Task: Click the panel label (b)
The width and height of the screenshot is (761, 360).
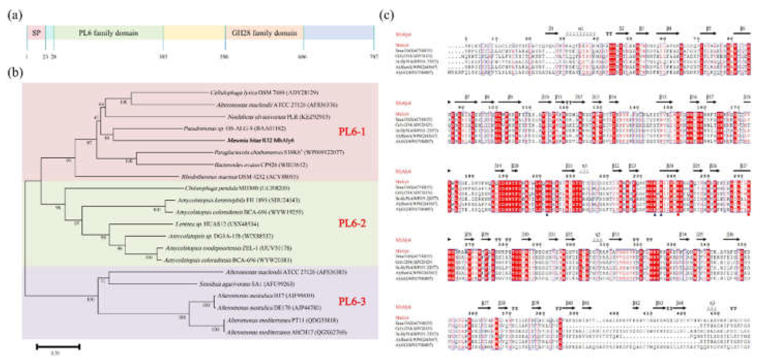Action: pyautogui.click(x=15, y=72)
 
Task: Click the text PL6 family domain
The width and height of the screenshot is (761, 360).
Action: pyautogui.click(x=108, y=33)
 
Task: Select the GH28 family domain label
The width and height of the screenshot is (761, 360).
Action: pyautogui.click(x=264, y=33)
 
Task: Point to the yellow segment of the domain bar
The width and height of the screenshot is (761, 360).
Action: pyautogui.click(x=194, y=33)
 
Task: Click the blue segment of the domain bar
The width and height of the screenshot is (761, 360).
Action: pyautogui.click(x=338, y=33)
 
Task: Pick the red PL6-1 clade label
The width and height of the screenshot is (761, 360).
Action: pyautogui.click(x=352, y=132)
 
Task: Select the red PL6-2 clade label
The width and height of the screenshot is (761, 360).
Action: pyautogui.click(x=352, y=223)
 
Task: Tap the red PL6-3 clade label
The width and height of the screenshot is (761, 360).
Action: pyautogui.click(x=352, y=301)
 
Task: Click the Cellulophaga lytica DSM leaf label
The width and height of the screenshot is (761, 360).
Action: pyautogui.click(x=264, y=93)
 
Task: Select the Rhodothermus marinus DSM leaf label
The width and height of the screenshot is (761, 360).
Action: pyautogui.click(x=240, y=177)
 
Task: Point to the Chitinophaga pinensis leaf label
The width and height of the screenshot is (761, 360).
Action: pyautogui.click(x=237, y=188)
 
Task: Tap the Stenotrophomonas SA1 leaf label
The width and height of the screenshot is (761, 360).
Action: pyautogui.click(x=247, y=284)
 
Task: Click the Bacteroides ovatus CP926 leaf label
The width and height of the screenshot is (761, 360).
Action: pyautogui.click(x=261, y=165)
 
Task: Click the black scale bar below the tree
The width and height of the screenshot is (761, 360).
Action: pyautogui.click(x=58, y=347)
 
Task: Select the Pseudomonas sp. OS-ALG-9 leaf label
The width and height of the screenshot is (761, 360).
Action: pyautogui.click(x=234, y=128)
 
